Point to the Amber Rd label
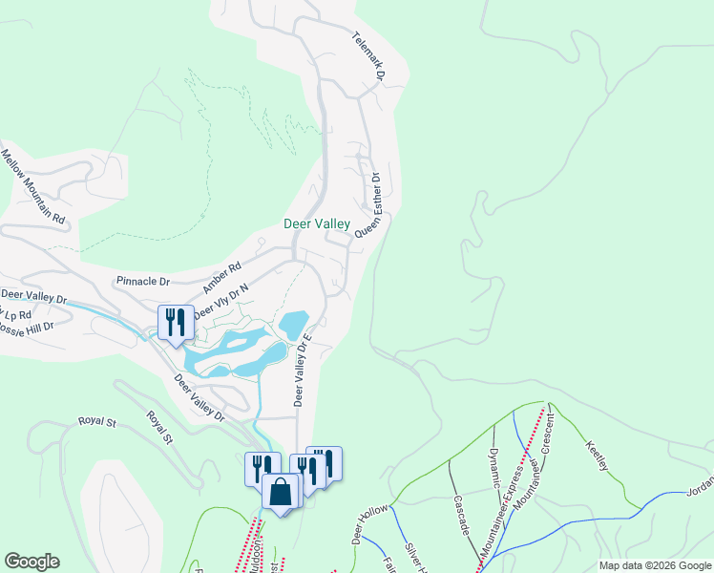(221, 278)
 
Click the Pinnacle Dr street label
(142, 282)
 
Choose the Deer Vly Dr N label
(220, 302)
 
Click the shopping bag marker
(281, 492)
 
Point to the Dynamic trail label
(494, 467)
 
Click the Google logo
(31, 562)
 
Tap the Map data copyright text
(655, 565)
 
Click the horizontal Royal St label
(96, 420)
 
